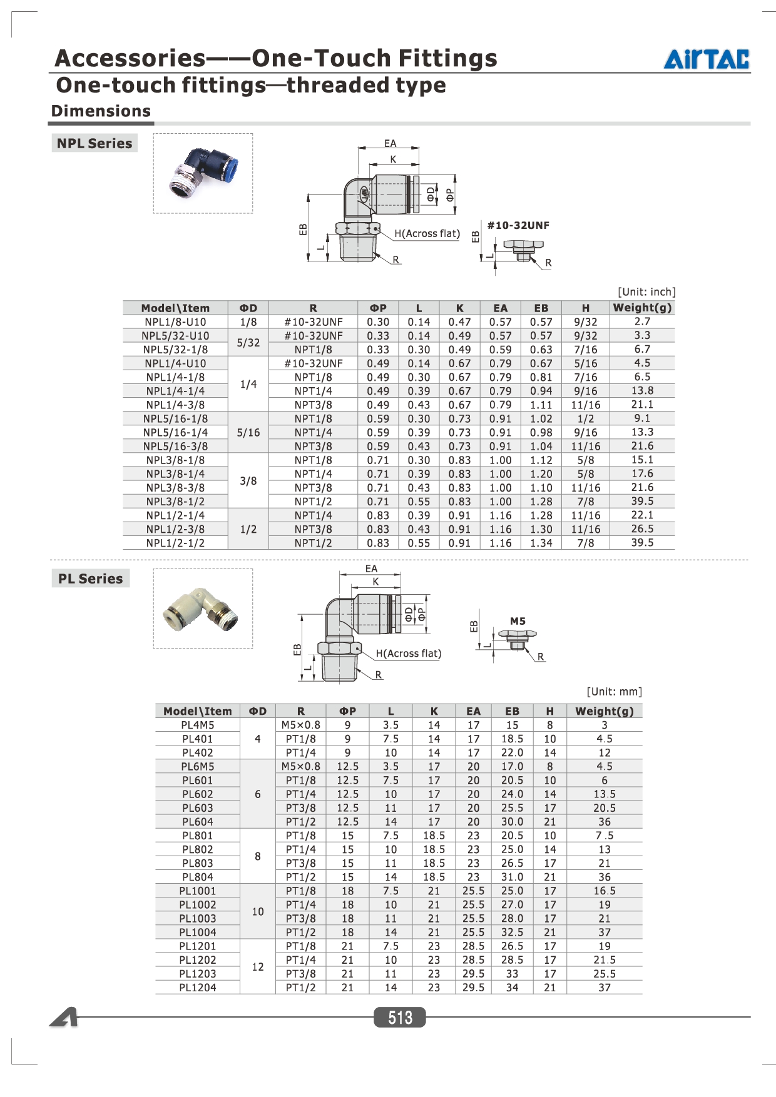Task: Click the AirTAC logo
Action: click(707, 59)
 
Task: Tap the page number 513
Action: click(400, 1018)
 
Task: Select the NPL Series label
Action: click(94, 143)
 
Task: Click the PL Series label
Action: click(91, 579)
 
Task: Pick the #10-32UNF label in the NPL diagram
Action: click(518, 225)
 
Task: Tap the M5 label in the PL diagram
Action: click(518, 621)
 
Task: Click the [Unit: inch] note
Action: click(647, 292)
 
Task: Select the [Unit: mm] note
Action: click(615, 692)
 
